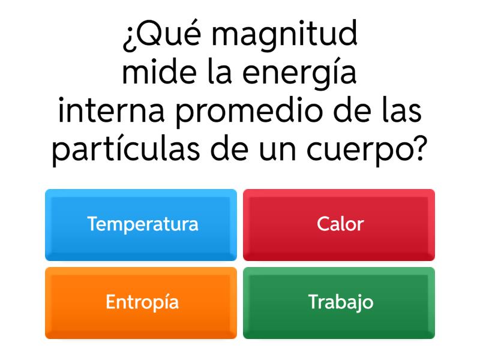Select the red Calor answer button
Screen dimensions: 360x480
click(339, 224)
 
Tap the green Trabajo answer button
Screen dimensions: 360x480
click(339, 302)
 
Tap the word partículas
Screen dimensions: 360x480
click(122, 150)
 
